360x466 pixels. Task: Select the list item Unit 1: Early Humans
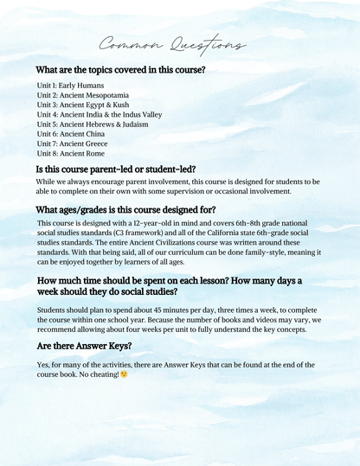[70, 87]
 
